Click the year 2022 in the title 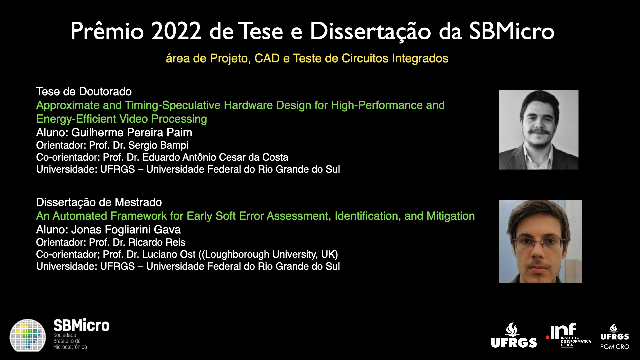click(x=176, y=31)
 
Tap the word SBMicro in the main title click(x=512, y=31)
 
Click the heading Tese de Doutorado click(x=84, y=91)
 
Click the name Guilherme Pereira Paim click(x=132, y=133)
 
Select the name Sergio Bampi click(x=158, y=146)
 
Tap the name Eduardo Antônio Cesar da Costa click(x=215, y=157)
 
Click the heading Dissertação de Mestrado click(x=99, y=202)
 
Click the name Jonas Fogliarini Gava click(x=126, y=230)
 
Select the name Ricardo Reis click(x=157, y=242)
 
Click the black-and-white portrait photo click(x=538, y=130)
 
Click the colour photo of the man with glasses click(x=540, y=241)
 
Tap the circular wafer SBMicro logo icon click(x=28, y=335)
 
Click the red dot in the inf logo click(x=547, y=338)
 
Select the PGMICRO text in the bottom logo click(x=615, y=347)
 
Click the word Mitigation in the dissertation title click(x=451, y=216)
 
